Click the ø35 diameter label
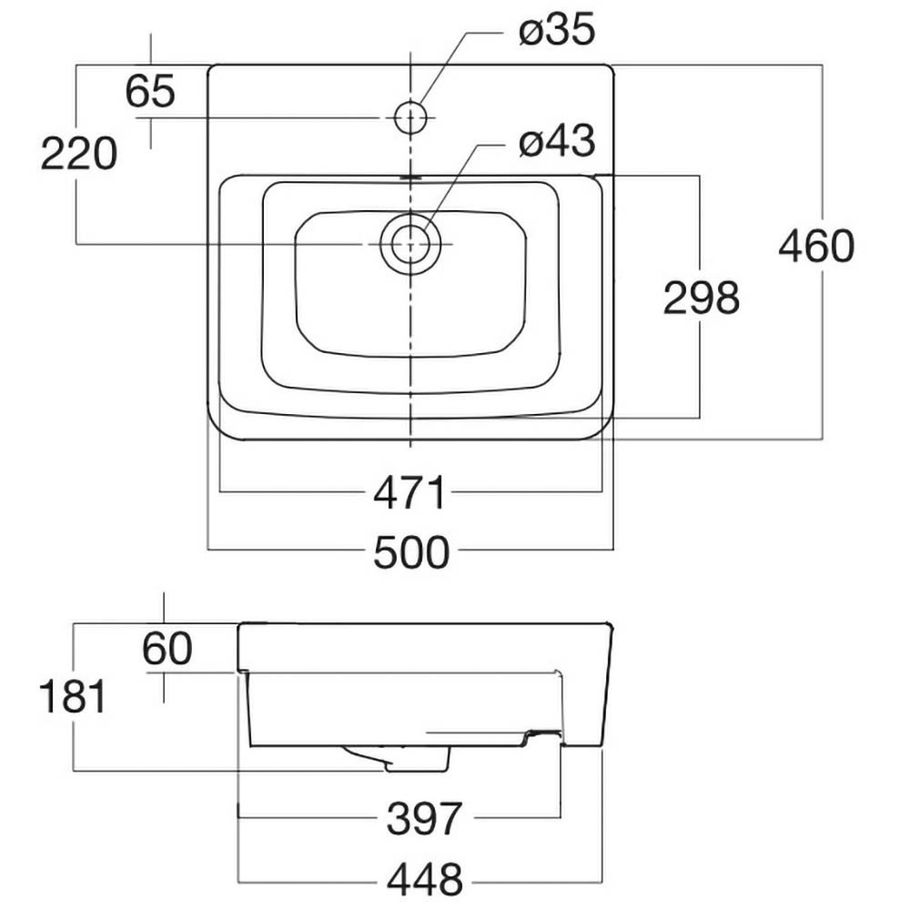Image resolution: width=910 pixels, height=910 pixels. pyautogui.click(x=557, y=31)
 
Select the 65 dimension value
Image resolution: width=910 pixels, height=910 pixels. pyautogui.click(x=150, y=92)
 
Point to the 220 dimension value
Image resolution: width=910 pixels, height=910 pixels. pyautogui.click(x=79, y=154)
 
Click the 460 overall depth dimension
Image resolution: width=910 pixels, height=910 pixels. pyautogui.click(x=816, y=247)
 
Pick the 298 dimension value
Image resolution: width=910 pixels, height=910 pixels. pyautogui.click(x=701, y=298)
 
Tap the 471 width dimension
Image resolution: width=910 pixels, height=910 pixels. pyautogui.click(x=412, y=493)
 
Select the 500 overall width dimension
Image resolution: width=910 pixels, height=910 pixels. pyautogui.click(x=412, y=551)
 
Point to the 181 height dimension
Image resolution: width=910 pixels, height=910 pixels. pyautogui.click(x=73, y=698)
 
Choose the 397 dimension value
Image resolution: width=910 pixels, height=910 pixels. pyautogui.click(x=425, y=818)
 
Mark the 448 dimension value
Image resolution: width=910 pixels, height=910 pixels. pyautogui.click(x=425, y=880)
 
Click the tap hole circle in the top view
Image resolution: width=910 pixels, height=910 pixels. pyautogui.click(x=411, y=116)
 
